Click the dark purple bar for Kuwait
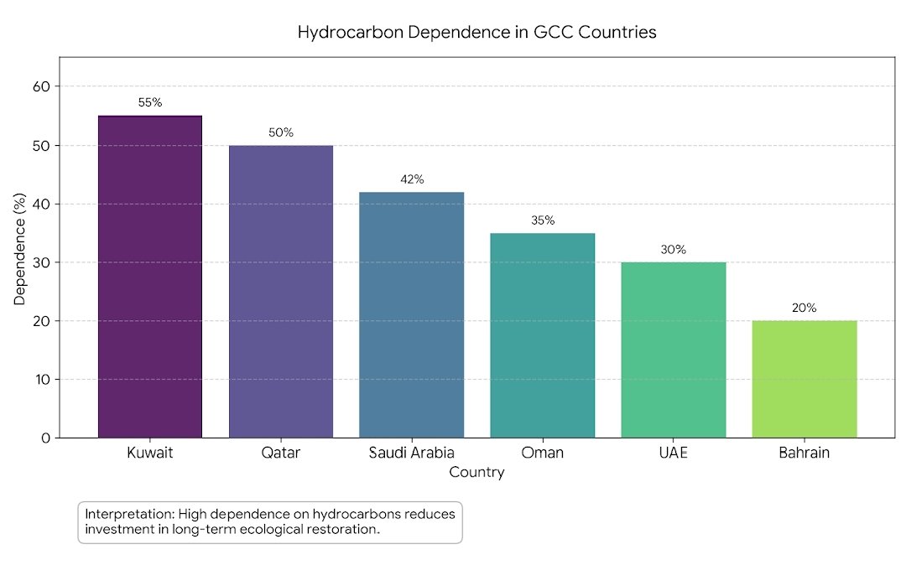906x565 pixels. coord(150,277)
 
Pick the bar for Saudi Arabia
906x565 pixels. coord(412,315)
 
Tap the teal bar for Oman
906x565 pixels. coord(543,335)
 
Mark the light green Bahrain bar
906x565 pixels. coord(804,379)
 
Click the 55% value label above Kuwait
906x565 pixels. coord(150,103)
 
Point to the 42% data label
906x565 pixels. coord(412,179)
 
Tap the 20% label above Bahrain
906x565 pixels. coord(804,308)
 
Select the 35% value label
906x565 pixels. coord(543,220)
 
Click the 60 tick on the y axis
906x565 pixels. coord(42,86)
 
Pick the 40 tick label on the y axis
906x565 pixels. coord(42,204)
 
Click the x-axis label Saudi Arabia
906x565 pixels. coord(412,454)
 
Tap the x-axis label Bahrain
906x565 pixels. coord(804,454)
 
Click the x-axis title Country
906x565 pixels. coord(476,473)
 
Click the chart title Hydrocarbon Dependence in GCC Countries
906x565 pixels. coord(476,33)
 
